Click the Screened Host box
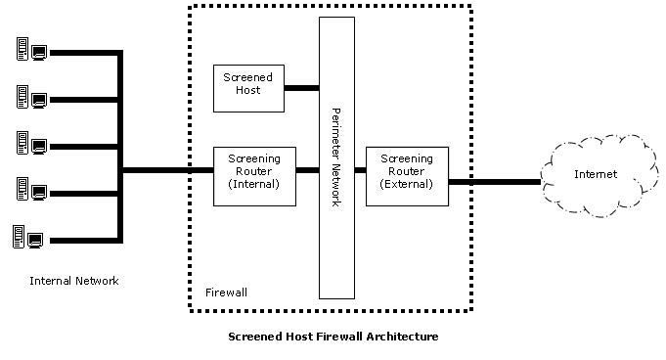pyautogui.click(x=248, y=88)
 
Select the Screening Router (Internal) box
pyautogui.click(x=254, y=176)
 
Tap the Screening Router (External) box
pyautogui.click(x=407, y=176)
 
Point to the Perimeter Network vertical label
pyautogui.click(x=336, y=157)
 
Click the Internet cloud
pyautogui.click(x=599, y=176)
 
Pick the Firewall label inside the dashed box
pyautogui.click(x=226, y=292)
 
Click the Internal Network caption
pyautogui.click(x=74, y=281)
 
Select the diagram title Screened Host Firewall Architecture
pyautogui.click(x=333, y=337)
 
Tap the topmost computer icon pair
pyautogui.click(x=31, y=49)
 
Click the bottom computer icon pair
pyautogui.click(x=28, y=237)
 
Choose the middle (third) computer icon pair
pyautogui.click(x=31, y=143)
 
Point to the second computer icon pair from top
pyautogui.click(x=31, y=97)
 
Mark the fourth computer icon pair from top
pyautogui.click(x=31, y=189)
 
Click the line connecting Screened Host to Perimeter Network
pyautogui.click(x=301, y=88)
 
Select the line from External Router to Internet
pyautogui.click(x=495, y=182)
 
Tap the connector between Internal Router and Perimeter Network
pyautogui.click(x=307, y=170)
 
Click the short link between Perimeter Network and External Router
pyautogui.click(x=360, y=170)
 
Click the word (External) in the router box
pyautogui.click(x=407, y=184)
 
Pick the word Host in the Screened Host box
pyautogui.click(x=248, y=90)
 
